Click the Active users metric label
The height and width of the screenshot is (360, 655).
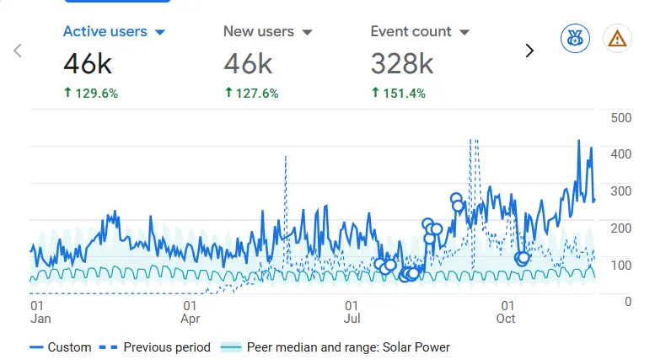pyautogui.click(x=105, y=32)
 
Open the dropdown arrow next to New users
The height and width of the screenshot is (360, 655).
pyautogui.click(x=307, y=33)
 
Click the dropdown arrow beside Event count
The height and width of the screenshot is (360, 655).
pyautogui.click(x=464, y=33)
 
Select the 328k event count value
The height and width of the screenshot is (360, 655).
pyautogui.click(x=402, y=63)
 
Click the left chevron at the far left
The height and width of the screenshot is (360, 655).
pyautogui.click(x=18, y=51)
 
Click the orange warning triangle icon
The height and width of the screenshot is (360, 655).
pyautogui.click(x=618, y=38)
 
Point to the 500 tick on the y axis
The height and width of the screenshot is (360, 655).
pyautogui.click(x=621, y=117)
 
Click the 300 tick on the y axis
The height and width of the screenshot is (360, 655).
pyautogui.click(x=621, y=191)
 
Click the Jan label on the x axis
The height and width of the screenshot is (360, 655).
pyautogui.click(x=40, y=319)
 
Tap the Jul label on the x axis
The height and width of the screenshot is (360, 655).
pyautogui.click(x=352, y=319)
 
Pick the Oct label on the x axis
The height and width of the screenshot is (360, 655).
pyautogui.click(x=506, y=319)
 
